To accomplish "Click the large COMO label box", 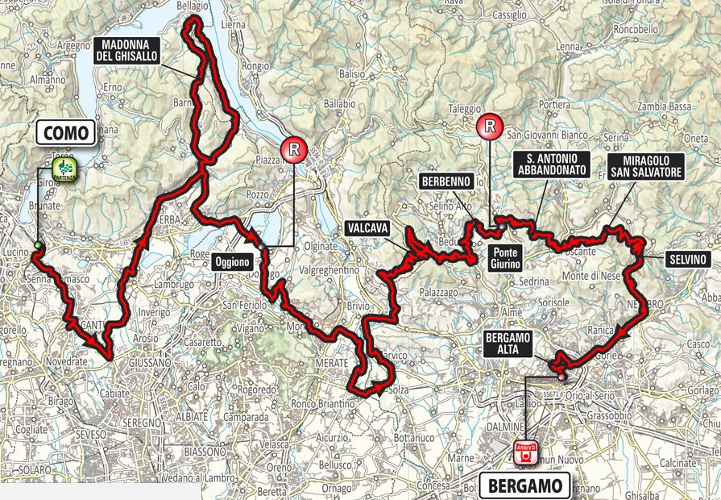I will [66, 132].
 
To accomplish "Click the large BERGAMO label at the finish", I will [524, 486].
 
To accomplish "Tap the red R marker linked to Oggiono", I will [294, 149].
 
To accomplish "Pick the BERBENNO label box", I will [445, 182].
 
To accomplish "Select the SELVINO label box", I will [687, 260].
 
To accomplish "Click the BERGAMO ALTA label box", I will [508, 344].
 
